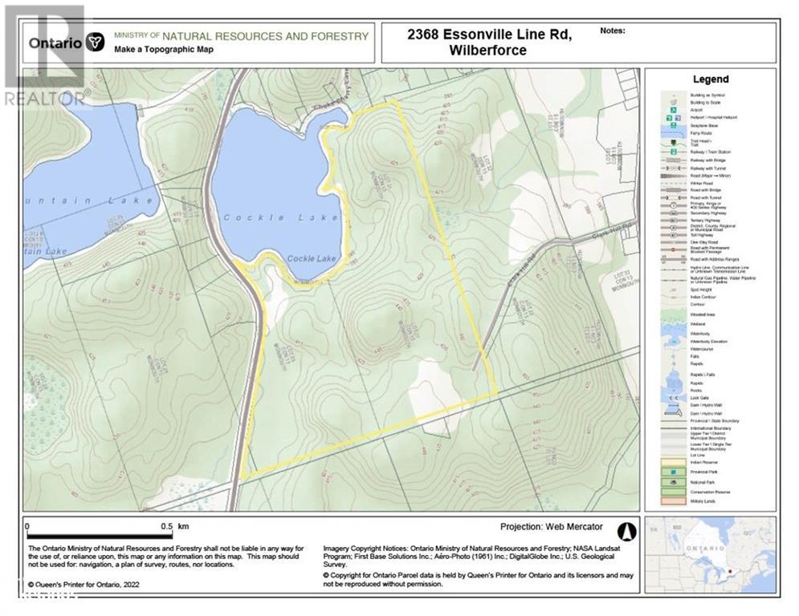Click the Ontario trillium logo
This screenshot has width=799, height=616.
(x=95, y=43)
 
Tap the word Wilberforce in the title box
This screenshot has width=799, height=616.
(x=488, y=50)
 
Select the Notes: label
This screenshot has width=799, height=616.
(x=613, y=30)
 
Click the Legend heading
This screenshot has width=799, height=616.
(x=710, y=79)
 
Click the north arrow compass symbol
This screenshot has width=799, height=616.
(x=626, y=531)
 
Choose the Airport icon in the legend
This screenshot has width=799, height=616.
(x=673, y=108)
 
